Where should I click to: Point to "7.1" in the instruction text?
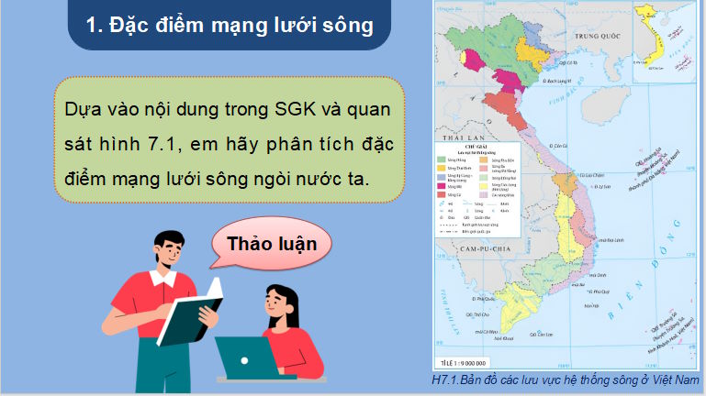(148, 143)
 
